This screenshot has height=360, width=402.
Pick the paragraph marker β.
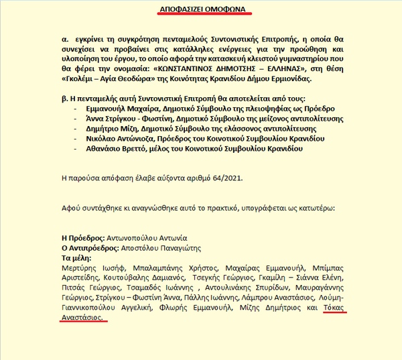point(64,98)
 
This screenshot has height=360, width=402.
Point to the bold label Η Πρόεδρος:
point(83,237)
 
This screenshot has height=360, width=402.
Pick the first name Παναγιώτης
point(178,247)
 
